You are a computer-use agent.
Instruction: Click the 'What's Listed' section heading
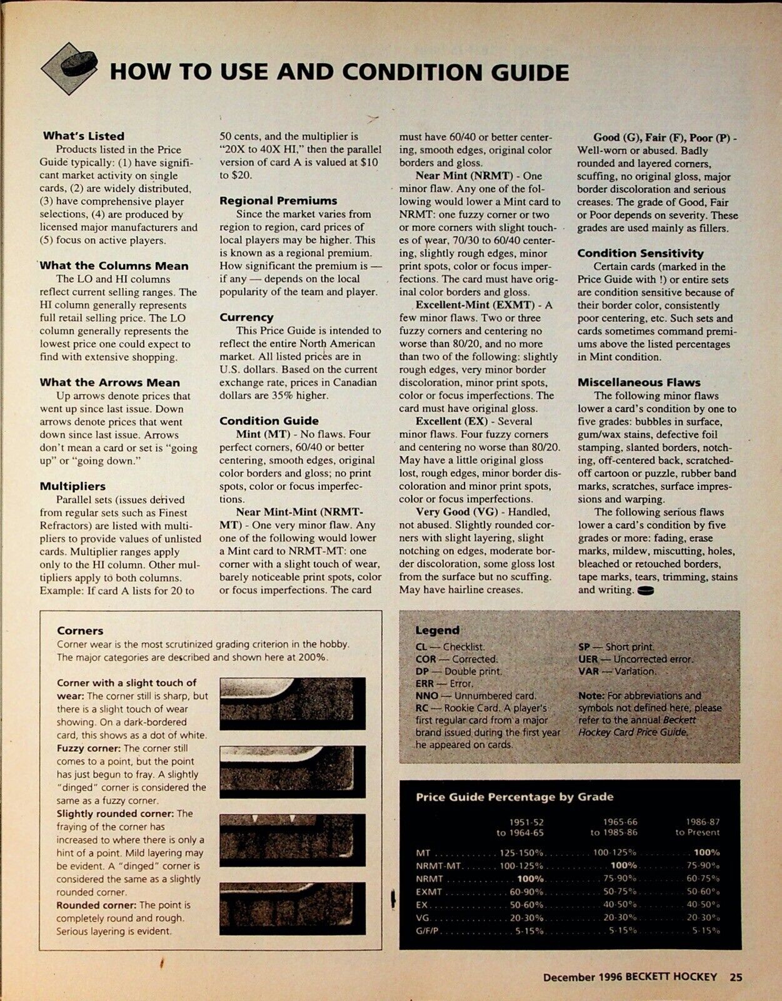84,136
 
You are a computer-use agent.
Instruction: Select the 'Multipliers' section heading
73,486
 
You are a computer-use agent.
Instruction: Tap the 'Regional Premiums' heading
278,201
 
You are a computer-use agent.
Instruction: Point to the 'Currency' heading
246,317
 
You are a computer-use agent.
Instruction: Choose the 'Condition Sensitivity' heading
640,253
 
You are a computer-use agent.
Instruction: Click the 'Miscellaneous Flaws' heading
639,382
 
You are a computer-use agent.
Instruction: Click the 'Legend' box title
437,630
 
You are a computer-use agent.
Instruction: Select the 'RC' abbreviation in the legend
421,708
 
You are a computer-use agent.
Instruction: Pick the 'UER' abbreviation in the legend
588,659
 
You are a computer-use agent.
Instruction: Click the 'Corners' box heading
80,631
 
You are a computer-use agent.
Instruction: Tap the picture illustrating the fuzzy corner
292,771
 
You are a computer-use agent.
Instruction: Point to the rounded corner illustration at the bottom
292,908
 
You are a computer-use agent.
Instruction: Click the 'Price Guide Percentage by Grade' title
514,797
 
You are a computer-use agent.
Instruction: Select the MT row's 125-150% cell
521,852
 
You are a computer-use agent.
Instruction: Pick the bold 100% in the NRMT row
530,878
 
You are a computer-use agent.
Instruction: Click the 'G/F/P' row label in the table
428,931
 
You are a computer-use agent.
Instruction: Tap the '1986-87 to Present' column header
697,826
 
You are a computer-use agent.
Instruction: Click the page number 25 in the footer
736,977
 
